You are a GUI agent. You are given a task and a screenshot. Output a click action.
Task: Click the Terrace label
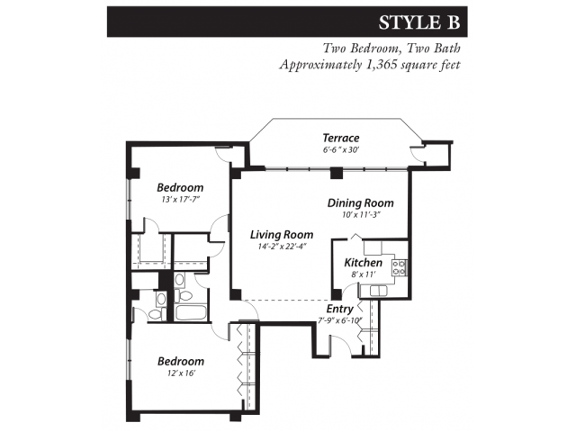341,138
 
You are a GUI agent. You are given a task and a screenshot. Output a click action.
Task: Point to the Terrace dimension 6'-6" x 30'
341,149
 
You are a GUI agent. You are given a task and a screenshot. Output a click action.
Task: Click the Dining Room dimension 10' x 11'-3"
360,214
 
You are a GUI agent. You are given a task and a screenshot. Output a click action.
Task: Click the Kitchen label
364,263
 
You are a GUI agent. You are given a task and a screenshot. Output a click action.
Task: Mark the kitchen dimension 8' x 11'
364,274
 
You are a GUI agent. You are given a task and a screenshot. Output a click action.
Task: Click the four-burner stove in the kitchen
399,267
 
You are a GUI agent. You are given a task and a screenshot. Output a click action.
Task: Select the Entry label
339,309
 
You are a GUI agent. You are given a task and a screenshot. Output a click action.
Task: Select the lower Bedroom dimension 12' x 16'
179,373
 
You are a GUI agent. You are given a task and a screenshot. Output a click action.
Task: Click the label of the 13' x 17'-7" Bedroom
179,187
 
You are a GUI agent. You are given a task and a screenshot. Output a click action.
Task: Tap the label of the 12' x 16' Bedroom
179,361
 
